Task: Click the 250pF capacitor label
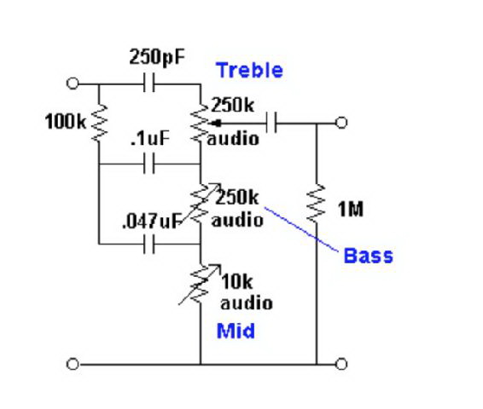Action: (x=157, y=57)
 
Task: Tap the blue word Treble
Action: (x=249, y=70)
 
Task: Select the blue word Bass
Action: (x=368, y=256)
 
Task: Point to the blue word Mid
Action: (x=236, y=331)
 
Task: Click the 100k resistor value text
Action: (x=66, y=122)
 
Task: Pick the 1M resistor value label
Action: (x=351, y=209)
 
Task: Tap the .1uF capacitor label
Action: (x=150, y=138)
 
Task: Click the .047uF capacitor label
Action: (x=152, y=221)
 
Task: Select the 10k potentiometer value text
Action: (x=237, y=281)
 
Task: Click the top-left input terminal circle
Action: (x=73, y=84)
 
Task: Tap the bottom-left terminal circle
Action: (x=73, y=364)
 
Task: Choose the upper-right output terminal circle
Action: (x=341, y=123)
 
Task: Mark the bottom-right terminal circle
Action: (x=341, y=364)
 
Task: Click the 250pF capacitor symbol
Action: (x=149, y=83)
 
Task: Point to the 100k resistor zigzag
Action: (x=99, y=123)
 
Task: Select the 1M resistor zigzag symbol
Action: (x=316, y=203)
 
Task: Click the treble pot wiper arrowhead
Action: (x=217, y=124)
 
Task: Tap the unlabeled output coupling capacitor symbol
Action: (x=271, y=123)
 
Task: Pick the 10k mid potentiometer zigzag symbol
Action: (x=201, y=284)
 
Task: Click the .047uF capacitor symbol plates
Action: (x=149, y=245)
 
